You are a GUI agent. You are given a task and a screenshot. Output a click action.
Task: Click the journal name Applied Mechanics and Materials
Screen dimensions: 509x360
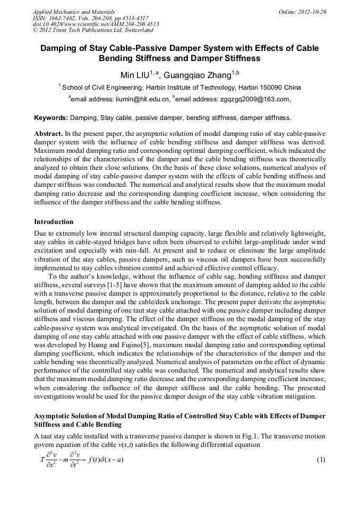tap(73, 11)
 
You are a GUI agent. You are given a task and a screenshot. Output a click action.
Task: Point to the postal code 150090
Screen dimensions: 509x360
tap(273, 87)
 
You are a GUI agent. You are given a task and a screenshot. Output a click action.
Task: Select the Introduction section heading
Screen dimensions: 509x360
tap(54, 221)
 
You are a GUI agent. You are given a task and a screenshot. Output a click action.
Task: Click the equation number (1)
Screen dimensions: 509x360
tap(321, 459)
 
